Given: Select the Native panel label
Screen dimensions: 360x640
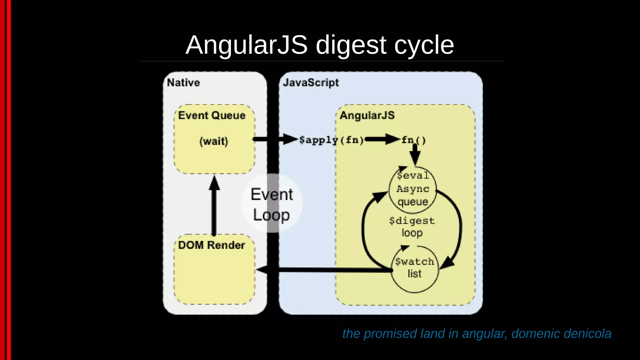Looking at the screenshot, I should [x=183, y=83].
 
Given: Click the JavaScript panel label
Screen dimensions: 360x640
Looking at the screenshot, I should [x=311, y=83].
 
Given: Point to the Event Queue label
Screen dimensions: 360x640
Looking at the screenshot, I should [x=212, y=115].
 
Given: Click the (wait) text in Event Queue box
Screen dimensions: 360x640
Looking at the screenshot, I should [x=214, y=141].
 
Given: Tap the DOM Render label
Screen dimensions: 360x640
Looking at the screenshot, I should [x=212, y=245].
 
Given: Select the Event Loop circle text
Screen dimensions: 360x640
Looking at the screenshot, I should [x=272, y=204].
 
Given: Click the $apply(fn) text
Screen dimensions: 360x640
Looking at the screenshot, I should [x=331, y=140].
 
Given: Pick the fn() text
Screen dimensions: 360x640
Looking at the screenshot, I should [x=413, y=140].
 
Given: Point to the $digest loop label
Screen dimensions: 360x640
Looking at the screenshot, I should [x=412, y=227].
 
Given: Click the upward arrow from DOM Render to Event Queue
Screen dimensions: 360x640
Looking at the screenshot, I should [x=214, y=206].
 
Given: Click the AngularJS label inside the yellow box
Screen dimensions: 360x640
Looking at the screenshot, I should [x=367, y=115].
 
